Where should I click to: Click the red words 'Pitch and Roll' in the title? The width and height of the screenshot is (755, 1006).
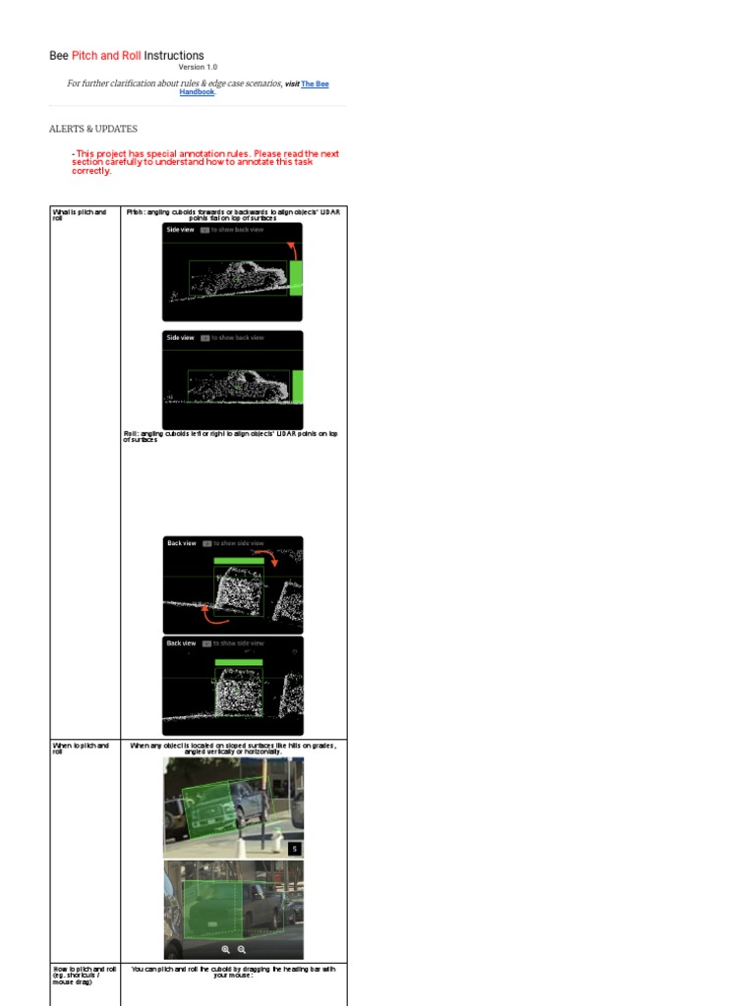pos(106,56)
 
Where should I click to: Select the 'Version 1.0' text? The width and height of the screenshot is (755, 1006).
pos(198,68)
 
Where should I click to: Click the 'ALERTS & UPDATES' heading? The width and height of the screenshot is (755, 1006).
pos(93,129)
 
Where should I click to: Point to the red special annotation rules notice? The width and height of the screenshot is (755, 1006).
pos(205,162)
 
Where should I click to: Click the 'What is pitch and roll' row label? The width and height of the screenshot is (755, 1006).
pos(79,214)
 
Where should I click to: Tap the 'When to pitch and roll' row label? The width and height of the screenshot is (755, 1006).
pos(80,749)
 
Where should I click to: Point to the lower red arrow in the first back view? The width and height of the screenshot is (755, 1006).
pos(215,615)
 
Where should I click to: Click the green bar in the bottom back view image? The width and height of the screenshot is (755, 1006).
pos(238,663)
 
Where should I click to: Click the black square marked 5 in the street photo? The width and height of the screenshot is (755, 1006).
pos(294,848)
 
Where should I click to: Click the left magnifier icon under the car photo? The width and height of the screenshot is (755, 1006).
pos(225,950)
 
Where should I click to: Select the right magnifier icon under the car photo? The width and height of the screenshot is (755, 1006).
pos(242,950)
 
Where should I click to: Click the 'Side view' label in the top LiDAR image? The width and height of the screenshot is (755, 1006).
pos(180,229)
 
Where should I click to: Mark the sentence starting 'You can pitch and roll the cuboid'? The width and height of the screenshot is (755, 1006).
pos(233,972)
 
